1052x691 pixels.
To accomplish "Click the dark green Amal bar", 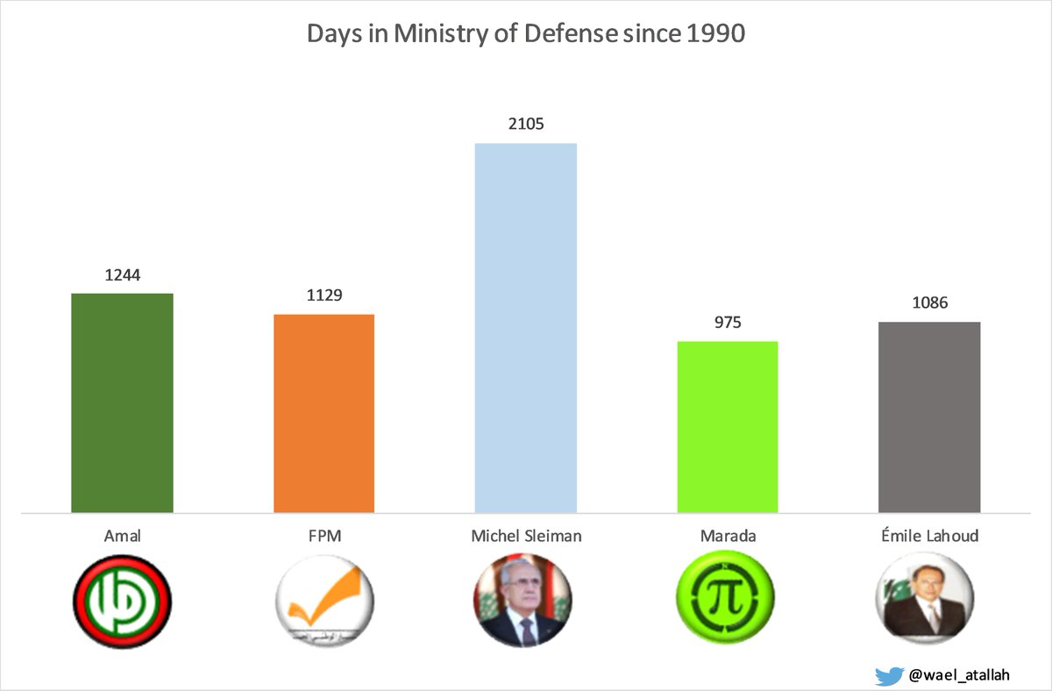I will [122, 402].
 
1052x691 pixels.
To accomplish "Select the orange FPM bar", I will [324, 413].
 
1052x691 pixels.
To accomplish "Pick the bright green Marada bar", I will [728, 426].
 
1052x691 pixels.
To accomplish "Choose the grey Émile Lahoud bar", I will [929, 417].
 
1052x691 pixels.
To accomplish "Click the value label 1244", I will [122, 274].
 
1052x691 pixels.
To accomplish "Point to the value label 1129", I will [324, 296].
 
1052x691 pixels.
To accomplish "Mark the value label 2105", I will [526, 124].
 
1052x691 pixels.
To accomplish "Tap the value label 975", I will [728, 322].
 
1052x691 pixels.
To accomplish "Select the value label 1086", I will [929, 303].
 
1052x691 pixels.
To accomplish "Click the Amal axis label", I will [122, 536].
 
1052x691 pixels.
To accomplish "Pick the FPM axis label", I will [324, 536].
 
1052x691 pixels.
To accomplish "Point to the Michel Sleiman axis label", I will [526, 536].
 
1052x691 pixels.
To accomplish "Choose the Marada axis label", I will [728, 536].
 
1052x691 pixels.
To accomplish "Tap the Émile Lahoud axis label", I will [929, 536].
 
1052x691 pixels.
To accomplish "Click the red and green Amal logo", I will [122, 602].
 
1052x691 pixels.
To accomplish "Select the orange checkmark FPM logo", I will [324, 602].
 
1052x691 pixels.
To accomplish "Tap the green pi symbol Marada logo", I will [726, 602].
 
